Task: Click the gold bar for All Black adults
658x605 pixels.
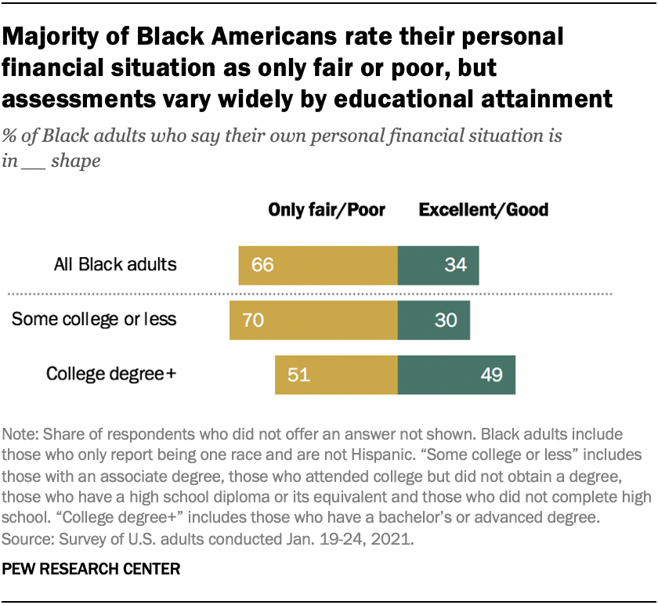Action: (318, 265)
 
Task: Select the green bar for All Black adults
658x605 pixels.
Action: (438, 265)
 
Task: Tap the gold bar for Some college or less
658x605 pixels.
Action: (313, 321)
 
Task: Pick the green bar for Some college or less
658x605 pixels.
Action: (433, 321)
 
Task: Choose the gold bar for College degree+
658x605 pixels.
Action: (336, 375)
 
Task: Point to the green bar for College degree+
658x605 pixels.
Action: (456, 375)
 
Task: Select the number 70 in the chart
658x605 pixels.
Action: (253, 321)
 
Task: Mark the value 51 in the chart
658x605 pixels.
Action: (298, 375)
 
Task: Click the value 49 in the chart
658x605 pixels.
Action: (491, 375)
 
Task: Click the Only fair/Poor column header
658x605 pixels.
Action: (327, 209)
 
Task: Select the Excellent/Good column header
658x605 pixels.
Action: (483, 209)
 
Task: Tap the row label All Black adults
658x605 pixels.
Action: (115, 265)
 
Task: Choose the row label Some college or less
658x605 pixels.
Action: (93, 320)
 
